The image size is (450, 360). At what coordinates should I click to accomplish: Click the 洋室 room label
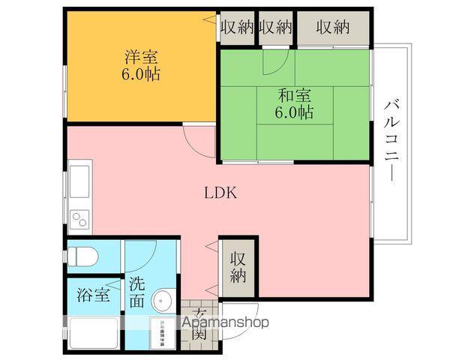pyautogui.click(x=140, y=56)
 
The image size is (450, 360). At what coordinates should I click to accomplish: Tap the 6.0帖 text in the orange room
pyautogui.click(x=140, y=74)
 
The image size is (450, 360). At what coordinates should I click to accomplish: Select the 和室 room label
pyautogui.click(x=295, y=95)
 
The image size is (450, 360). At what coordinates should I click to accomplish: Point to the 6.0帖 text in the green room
pyautogui.click(x=295, y=113)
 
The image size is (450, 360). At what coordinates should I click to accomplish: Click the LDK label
pyautogui.click(x=220, y=192)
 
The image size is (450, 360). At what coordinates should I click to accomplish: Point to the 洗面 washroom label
pyautogui.click(x=136, y=292)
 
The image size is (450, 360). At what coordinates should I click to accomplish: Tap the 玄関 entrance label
pyautogui.click(x=199, y=325)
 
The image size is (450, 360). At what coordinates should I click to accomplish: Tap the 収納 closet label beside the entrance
pyautogui.click(x=238, y=267)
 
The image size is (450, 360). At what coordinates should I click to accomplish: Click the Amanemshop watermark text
pyautogui.click(x=226, y=322)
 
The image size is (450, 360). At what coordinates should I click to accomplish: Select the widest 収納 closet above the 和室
pyautogui.click(x=333, y=28)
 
